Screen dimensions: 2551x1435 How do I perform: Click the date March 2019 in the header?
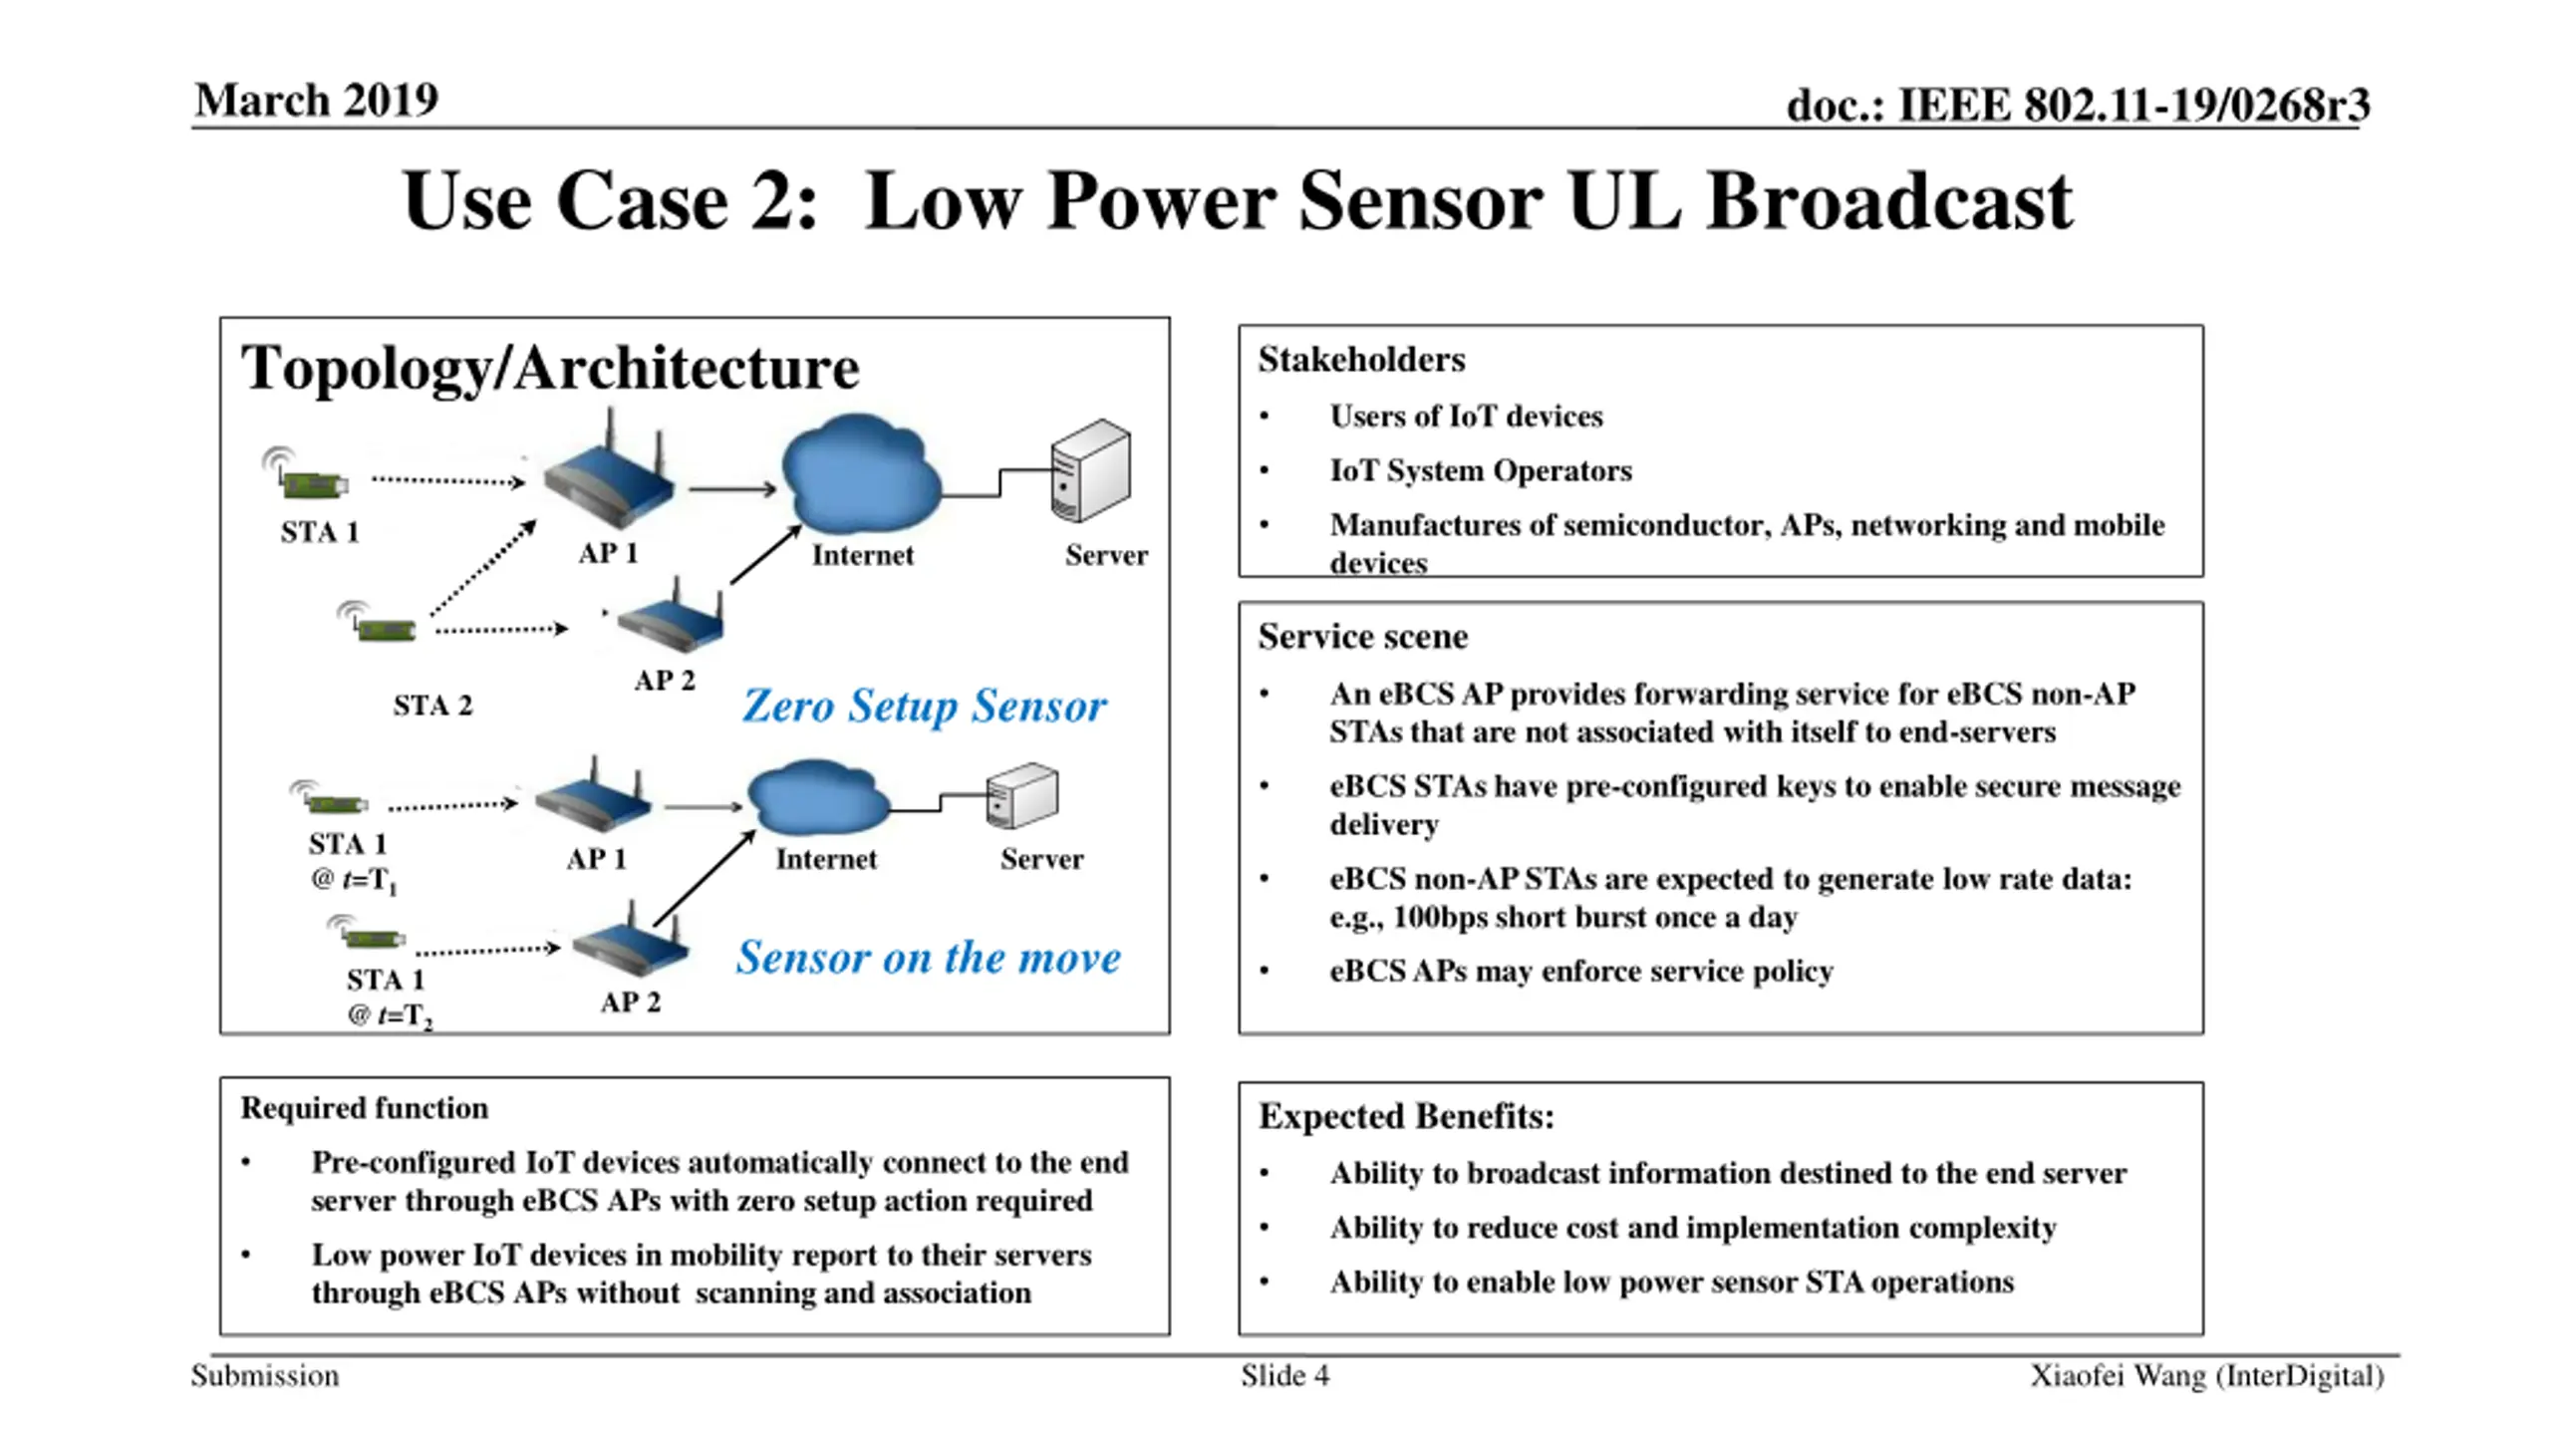316,100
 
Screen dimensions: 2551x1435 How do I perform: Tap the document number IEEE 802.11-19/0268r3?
2133,105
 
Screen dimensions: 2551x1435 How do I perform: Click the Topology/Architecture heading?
550,369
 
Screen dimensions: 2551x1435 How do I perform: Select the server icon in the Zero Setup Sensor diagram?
1091,470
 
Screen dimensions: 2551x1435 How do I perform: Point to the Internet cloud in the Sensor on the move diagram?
818,797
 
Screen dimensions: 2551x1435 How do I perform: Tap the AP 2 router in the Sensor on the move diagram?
631,942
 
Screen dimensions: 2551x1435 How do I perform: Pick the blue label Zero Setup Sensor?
924,706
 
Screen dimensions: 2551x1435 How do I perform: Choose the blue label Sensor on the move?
929,957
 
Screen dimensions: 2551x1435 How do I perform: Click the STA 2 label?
432,706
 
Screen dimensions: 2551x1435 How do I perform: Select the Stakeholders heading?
1361,360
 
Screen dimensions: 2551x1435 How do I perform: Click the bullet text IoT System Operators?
1481,470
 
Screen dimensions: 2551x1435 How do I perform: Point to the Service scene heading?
1362,637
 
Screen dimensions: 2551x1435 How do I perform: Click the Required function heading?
365,1108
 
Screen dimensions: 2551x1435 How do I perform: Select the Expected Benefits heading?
1406,1116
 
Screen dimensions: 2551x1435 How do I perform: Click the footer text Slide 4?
1285,1376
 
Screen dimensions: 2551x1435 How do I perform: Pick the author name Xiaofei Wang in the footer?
2118,1376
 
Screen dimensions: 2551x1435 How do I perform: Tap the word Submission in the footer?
265,1376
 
